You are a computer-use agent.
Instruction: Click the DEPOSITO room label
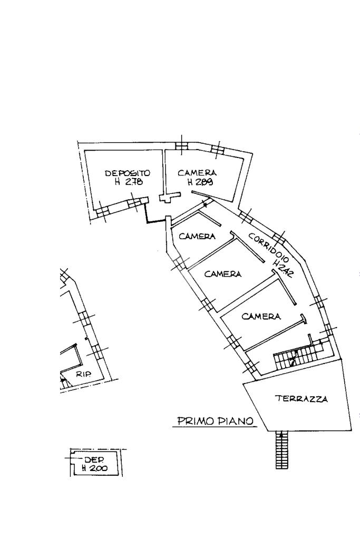[x=128, y=173]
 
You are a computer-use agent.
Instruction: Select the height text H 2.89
[x=200, y=182]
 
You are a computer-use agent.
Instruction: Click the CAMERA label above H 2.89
[x=197, y=173]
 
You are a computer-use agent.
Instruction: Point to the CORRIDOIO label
[x=269, y=247]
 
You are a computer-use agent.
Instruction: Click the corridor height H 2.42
[x=283, y=269]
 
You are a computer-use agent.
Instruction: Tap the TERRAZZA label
[x=301, y=399]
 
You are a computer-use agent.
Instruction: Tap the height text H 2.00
[x=94, y=468]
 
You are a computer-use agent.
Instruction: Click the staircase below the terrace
[x=281, y=450]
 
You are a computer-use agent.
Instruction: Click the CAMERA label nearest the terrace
[x=261, y=316]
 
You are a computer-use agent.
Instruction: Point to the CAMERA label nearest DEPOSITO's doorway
[x=197, y=236]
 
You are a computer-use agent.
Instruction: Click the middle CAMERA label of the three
[x=223, y=273]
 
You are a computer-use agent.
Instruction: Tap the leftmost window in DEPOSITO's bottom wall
[x=102, y=212]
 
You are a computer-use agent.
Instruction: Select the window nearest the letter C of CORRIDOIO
[x=245, y=217]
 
